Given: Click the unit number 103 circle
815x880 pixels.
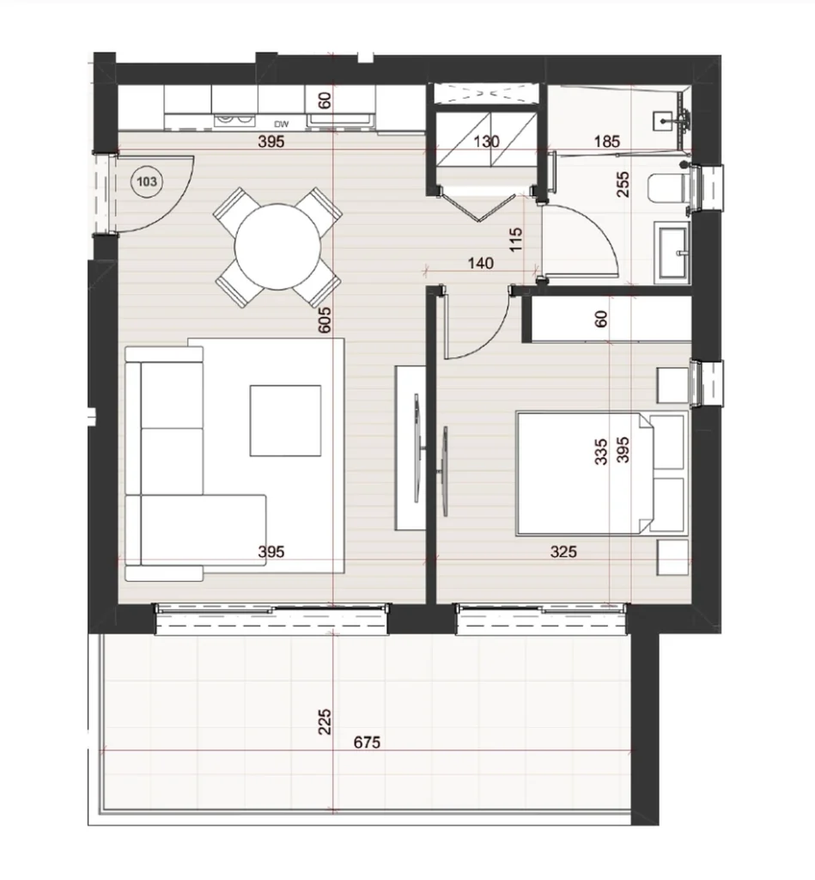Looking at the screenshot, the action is pyautogui.click(x=147, y=181).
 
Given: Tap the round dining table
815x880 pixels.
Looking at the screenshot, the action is pyautogui.click(x=277, y=247).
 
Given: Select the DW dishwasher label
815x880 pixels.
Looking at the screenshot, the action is pyautogui.click(x=281, y=124).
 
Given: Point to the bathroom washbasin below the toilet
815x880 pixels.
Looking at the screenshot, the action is pyautogui.click(x=672, y=251).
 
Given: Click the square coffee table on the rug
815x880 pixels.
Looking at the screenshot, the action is pyautogui.click(x=285, y=420).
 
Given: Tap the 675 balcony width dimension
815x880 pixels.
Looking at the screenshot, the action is pyautogui.click(x=367, y=742).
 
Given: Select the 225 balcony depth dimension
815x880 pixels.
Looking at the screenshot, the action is pyautogui.click(x=325, y=722).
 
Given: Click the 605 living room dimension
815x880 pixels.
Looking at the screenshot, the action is pyautogui.click(x=325, y=320).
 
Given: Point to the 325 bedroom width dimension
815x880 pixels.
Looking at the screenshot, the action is pyautogui.click(x=563, y=552).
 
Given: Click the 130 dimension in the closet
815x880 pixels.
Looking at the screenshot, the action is pyautogui.click(x=486, y=142).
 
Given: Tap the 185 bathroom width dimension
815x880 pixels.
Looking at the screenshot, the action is pyautogui.click(x=607, y=142).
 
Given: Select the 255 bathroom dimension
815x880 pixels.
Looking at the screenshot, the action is pyautogui.click(x=623, y=184).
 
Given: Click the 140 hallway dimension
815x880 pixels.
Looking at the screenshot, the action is pyautogui.click(x=481, y=263).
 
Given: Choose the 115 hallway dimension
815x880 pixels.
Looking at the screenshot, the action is pyautogui.click(x=516, y=239).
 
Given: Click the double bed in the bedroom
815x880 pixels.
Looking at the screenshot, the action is pyautogui.click(x=601, y=474).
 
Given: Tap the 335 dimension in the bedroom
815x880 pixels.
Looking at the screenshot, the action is pyautogui.click(x=601, y=452).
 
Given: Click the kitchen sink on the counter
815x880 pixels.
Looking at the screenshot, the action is pyautogui.click(x=340, y=119).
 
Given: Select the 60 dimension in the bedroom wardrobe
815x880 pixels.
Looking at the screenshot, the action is pyautogui.click(x=601, y=320).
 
